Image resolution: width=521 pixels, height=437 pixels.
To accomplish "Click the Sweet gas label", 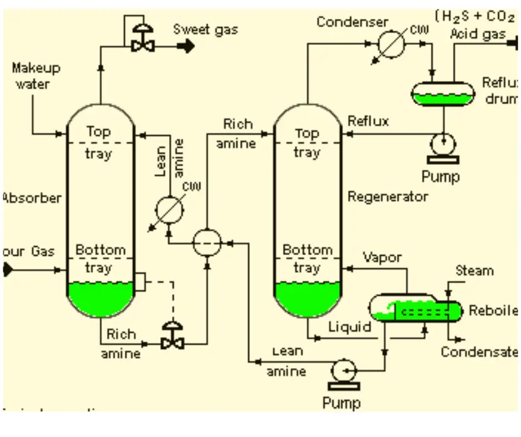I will [206, 29].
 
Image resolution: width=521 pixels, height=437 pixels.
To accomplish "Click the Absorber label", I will [31, 198].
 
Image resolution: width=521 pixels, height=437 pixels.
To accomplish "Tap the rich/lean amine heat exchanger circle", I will [207, 242].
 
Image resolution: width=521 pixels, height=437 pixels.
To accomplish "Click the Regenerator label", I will [387, 196].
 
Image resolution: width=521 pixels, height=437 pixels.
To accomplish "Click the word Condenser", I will [352, 22].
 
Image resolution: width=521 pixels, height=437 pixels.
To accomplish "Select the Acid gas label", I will [477, 34].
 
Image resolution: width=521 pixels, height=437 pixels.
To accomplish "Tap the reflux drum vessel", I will [443, 94].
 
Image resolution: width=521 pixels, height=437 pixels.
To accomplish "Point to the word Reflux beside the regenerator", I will [368, 121].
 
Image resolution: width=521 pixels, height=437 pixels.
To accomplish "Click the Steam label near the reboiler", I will [474, 271].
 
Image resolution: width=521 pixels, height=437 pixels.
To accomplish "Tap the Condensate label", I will [479, 352].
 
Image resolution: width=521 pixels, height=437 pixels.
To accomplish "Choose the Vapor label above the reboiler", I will [382, 257].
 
